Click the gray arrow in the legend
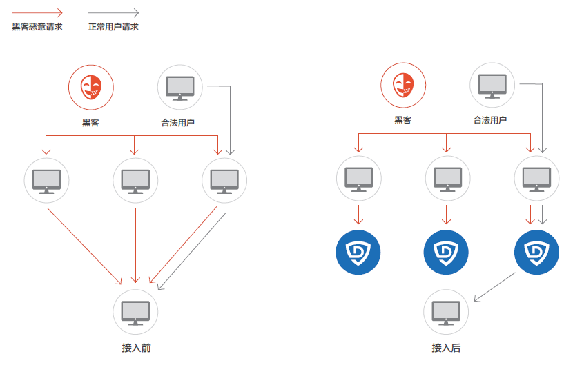coord(113,12)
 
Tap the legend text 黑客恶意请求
coord(37,27)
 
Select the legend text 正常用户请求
coord(113,27)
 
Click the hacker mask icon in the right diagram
coord(403,86)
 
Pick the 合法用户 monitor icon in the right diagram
coord(493,86)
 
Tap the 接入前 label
coord(136,348)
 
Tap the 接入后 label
coord(446,348)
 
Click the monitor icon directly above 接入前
coord(135,312)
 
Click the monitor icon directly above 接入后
coord(446,312)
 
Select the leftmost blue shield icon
coord(358,252)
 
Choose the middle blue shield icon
coord(447,252)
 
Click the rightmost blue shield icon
coord(536,252)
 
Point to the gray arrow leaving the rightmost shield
coord(494,287)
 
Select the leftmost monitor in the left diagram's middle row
coord(47,181)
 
